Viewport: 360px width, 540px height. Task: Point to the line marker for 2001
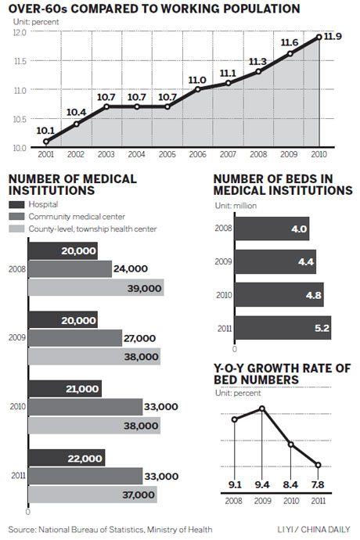45,142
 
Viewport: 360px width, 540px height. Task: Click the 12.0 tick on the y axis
16,33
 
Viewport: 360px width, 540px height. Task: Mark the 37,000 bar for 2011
92,495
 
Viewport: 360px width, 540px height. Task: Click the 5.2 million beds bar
283,327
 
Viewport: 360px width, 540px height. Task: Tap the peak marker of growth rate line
263,408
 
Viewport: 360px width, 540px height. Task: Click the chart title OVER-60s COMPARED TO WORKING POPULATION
153,10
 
